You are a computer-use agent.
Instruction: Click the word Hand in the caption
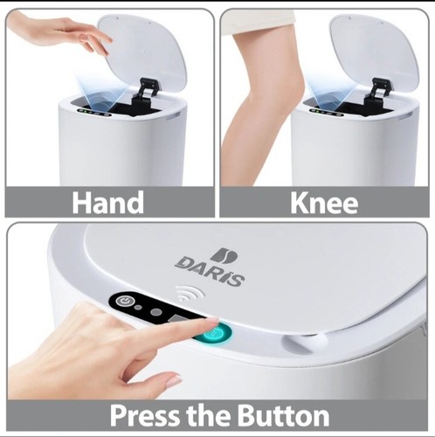(x=108, y=202)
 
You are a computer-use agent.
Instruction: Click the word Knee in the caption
(x=324, y=202)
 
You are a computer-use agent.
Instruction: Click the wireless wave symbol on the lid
(x=186, y=295)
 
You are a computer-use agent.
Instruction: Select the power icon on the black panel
(x=128, y=302)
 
